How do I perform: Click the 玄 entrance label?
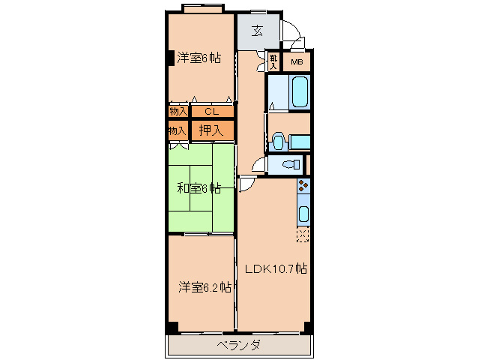[x=257, y=31]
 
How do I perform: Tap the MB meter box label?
[x=297, y=63]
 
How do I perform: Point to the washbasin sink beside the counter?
[x=279, y=140]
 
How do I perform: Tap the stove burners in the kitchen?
[x=303, y=188]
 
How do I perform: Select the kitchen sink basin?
[x=303, y=214]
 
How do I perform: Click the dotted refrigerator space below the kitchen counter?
[x=303, y=235]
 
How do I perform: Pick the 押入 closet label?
[x=211, y=130]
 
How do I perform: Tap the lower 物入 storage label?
[x=178, y=130]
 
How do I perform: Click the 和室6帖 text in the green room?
[x=199, y=187]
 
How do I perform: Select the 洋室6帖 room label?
[x=199, y=58]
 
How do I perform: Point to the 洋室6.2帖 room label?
[x=204, y=286]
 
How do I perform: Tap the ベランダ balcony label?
[x=239, y=345]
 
